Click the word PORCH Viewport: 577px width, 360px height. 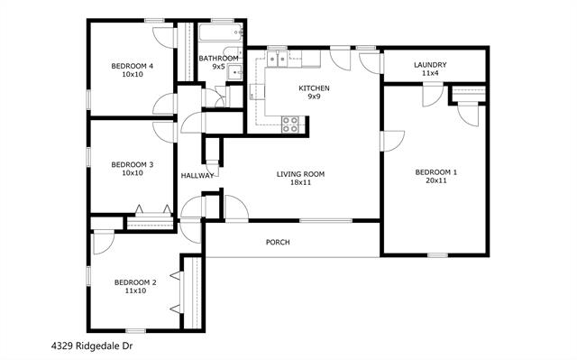tap(278, 243)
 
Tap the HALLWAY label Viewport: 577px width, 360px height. tap(197, 176)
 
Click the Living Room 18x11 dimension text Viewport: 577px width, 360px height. tap(300, 183)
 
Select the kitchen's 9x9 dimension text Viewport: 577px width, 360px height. tap(314, 97)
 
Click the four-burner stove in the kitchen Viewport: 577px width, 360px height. tap(290, 125)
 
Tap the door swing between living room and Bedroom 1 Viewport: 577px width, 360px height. tap(389, 142)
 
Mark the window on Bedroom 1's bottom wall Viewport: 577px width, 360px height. tap(437, 255)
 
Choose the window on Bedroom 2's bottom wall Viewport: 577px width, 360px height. tap(134, 330)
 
